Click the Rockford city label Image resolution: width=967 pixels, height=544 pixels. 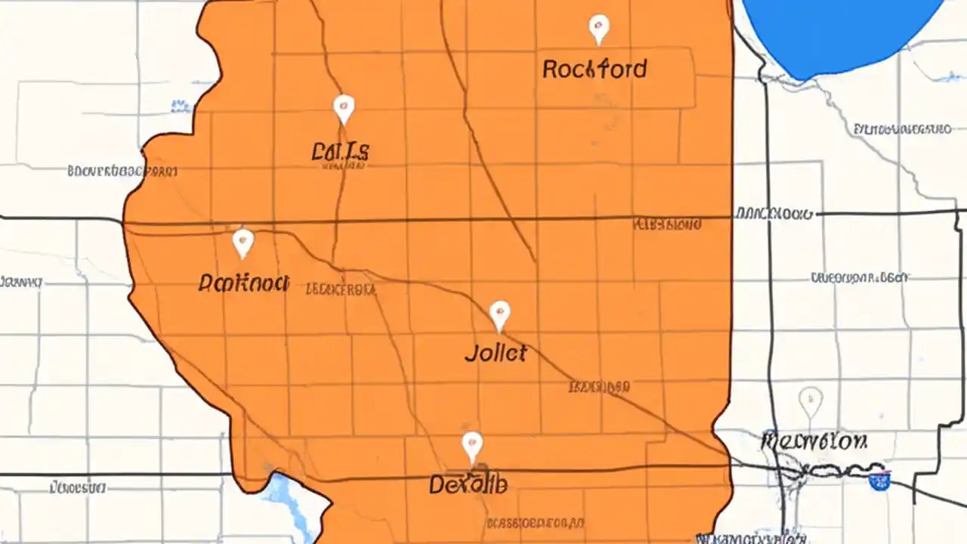(x=595, y=70)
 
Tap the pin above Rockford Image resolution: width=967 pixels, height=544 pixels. (x=598, y=29)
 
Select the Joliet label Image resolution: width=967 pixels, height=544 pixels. (x=496, y=353)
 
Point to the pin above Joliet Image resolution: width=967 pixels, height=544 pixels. (x=499, y=315)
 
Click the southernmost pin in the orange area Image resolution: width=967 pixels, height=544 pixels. (x=472, y=447)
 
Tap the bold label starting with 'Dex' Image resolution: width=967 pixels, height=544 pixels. (x=468, y=484)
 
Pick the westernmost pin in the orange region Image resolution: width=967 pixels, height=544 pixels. (x=243, y=243)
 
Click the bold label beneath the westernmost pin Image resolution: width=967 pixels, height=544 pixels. (x=243, y=283)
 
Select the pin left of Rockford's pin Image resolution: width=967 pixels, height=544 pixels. (x=344, y=109)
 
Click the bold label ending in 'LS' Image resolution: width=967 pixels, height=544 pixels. (x=340, y=152)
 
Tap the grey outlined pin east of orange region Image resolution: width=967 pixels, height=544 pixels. (x=810, y=401)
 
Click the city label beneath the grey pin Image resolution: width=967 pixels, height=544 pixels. (x=814, y=440)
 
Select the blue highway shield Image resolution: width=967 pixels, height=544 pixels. (x=879, y=481)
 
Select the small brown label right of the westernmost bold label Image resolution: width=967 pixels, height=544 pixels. (x=340, y=289)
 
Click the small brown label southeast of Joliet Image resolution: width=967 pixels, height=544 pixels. (x=598, y=388)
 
